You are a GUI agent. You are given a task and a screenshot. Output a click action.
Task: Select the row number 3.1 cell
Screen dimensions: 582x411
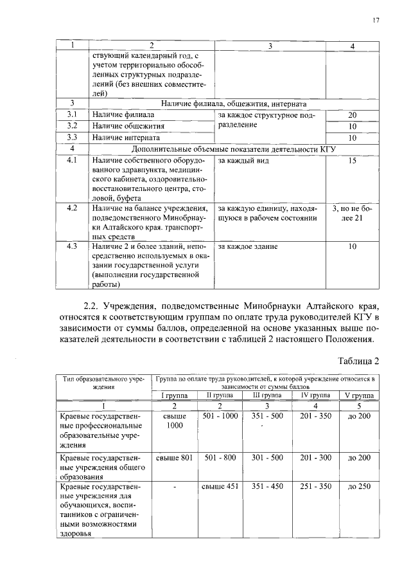point(73,114)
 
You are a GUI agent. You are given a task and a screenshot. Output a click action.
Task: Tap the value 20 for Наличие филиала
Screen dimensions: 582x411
point(352,114)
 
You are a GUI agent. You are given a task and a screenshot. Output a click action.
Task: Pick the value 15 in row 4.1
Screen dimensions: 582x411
point(352,160)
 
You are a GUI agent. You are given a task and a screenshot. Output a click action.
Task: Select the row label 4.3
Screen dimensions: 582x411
point(73,246)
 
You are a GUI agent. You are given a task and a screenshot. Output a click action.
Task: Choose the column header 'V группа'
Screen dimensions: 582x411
point(359,395)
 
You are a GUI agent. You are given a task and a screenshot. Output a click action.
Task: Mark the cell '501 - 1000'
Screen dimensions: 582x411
point(220,416)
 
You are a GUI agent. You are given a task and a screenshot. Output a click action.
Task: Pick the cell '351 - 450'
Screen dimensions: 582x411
point(267,487)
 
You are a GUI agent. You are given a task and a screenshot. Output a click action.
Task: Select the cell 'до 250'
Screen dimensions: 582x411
point(359,487)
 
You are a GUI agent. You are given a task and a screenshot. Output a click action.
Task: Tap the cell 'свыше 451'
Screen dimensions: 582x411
point(220,487)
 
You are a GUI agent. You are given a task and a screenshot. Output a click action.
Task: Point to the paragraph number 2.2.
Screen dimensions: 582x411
point(86,304)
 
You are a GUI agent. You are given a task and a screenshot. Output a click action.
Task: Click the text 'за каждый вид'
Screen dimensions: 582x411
point(243,160)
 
